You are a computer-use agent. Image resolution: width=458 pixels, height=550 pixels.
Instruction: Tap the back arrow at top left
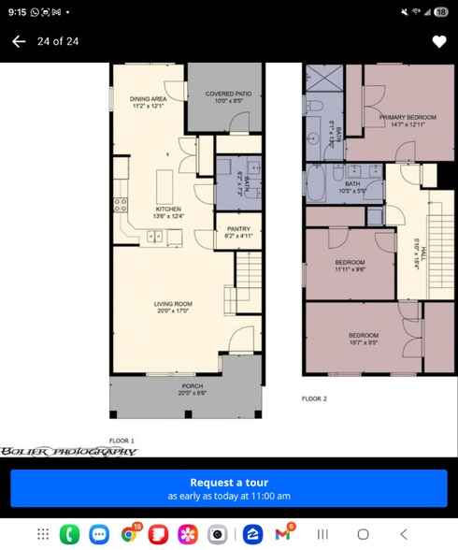click(x=18, y=41)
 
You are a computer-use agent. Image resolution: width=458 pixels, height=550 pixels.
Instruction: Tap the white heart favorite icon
click(x=438, y=41)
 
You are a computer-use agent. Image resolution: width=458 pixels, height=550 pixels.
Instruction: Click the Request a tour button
click(x=229, y=488)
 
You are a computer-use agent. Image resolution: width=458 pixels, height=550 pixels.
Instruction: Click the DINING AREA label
click(x=149, y=101)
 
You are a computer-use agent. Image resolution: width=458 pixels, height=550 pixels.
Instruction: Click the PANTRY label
click(x=237, y=232)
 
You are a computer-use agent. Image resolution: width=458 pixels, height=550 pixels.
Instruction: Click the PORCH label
click(x=191, y=389)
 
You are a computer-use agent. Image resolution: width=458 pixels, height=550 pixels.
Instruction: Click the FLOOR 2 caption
click(x=314, y=398)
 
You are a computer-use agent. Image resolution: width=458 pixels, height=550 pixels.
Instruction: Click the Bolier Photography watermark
click(x=69, y=451)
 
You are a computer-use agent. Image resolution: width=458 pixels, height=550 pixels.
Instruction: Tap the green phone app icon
click(x=69, y=534)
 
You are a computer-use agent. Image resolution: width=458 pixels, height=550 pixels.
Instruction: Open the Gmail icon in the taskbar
click(x=282, y=534)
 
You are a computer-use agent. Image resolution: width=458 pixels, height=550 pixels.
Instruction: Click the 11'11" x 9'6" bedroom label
click(x=351, y=265)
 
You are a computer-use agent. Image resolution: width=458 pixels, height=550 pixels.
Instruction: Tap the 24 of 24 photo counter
click(x=57, y=41)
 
